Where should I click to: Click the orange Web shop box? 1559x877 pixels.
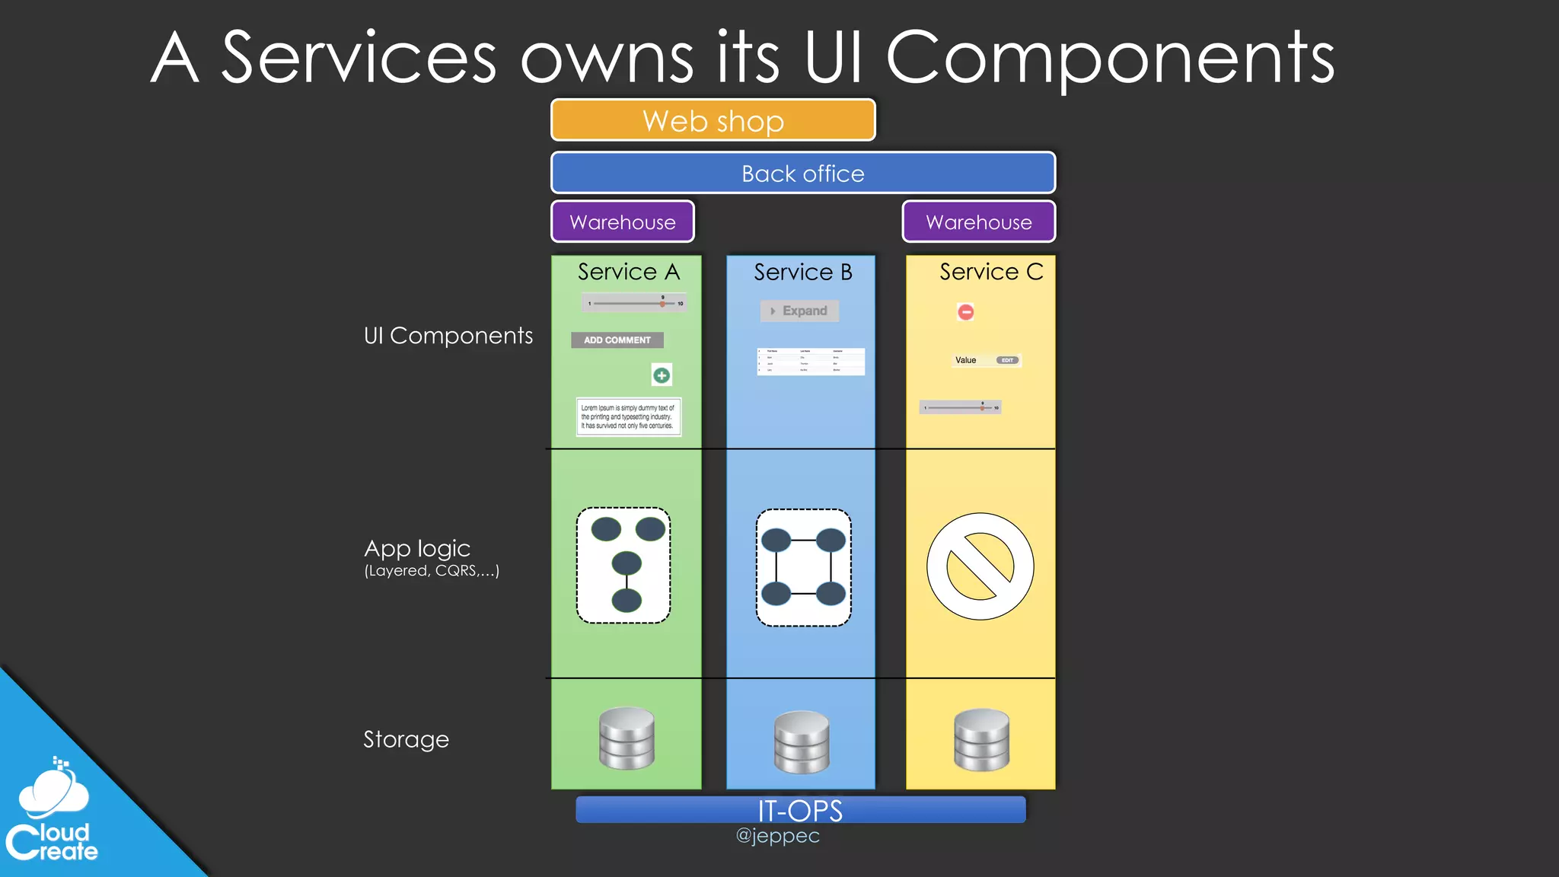713,120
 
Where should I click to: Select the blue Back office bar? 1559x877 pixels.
803,173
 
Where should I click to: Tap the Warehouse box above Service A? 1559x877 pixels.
623,222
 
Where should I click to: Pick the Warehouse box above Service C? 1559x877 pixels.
979,222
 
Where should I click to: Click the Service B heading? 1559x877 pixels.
802,272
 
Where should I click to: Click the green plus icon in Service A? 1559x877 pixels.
662,375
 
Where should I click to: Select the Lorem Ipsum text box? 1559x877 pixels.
628,417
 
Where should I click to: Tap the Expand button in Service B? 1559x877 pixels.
799,311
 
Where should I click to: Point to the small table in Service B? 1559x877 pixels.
811,362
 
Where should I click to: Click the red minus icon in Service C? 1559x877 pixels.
965,311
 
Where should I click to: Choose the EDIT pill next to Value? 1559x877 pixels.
1007,360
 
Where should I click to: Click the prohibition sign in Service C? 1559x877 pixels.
980,566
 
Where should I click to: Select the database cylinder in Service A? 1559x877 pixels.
626,738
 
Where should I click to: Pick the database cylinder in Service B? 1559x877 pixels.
802,741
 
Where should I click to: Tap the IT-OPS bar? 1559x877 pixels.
800,810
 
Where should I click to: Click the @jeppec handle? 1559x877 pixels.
777,836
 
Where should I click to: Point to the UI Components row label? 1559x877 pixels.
448,336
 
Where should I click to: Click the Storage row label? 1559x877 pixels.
406,739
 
